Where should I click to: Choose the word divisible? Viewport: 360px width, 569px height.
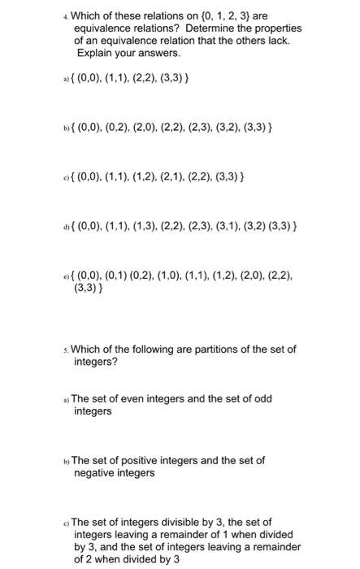(x=177, y=522)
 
